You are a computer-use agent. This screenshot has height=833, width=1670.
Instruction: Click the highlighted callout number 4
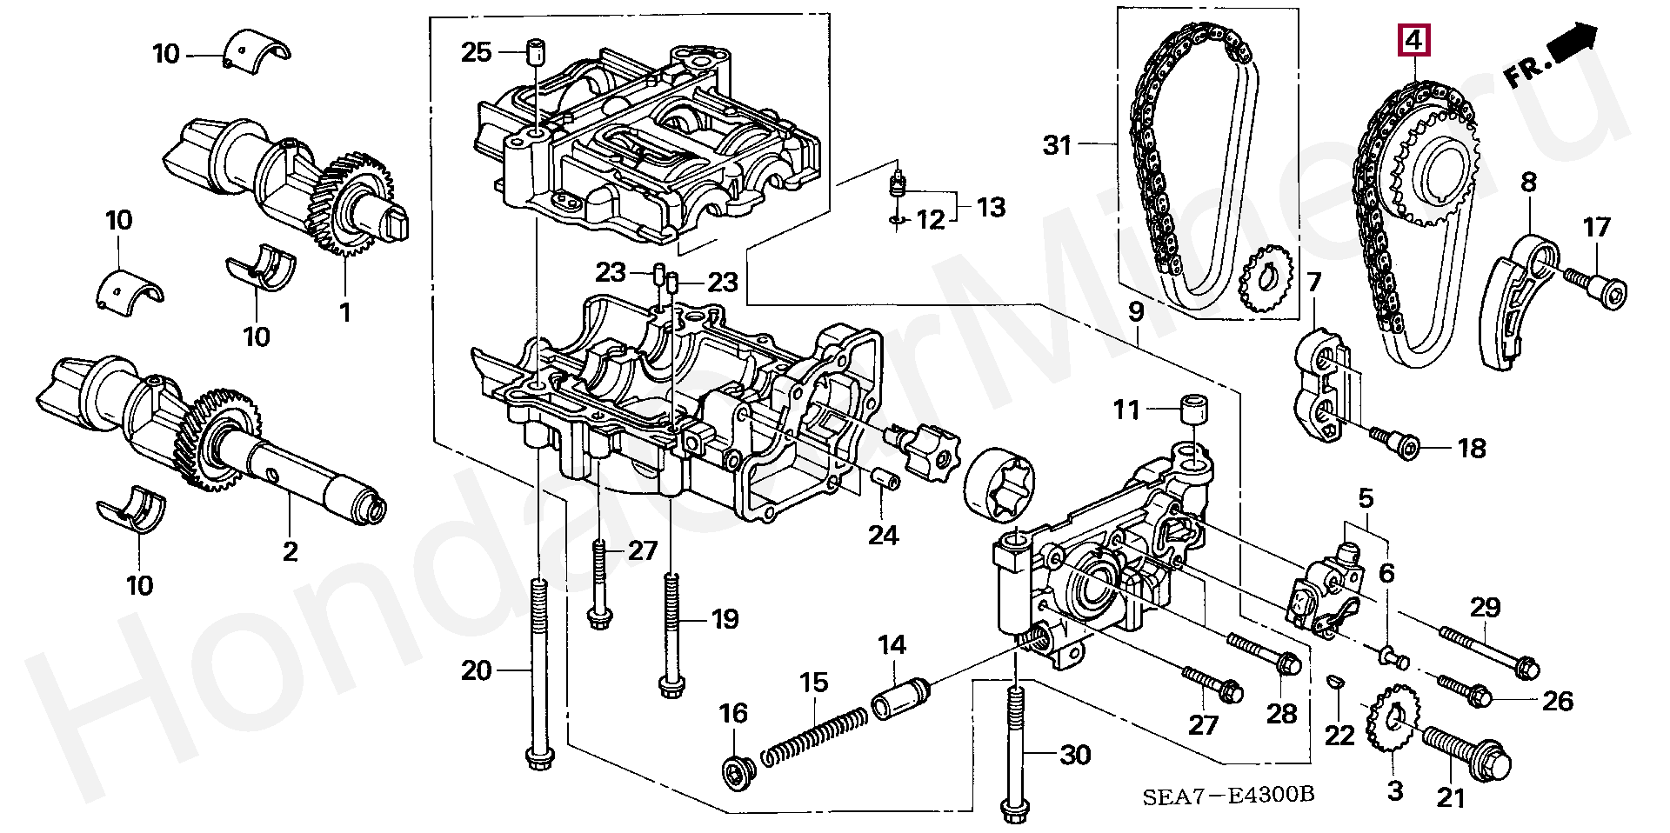click(x=1414, y=40)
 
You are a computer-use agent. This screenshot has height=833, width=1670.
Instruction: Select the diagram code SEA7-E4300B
click(x=1227, y=795)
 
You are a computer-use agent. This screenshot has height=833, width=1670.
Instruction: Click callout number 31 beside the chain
click(x=1057, y=144)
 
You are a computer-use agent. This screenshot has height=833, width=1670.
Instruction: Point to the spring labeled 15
click(x=814, y=736)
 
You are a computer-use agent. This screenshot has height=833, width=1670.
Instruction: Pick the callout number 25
click(x=477, y=52)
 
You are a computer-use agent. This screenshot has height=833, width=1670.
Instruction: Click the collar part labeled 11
click(x=1192, y=409)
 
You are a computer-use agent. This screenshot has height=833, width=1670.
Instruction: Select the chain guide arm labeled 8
click(x=1513, y=304)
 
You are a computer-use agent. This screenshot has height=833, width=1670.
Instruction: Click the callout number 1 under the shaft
click(x=344, y=312)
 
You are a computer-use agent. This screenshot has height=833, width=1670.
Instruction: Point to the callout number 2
click(x=290, y=551)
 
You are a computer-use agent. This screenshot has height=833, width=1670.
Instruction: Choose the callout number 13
click(x=991, y=207)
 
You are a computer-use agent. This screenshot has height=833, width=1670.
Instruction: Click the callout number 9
click(x=1135, y=311)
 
